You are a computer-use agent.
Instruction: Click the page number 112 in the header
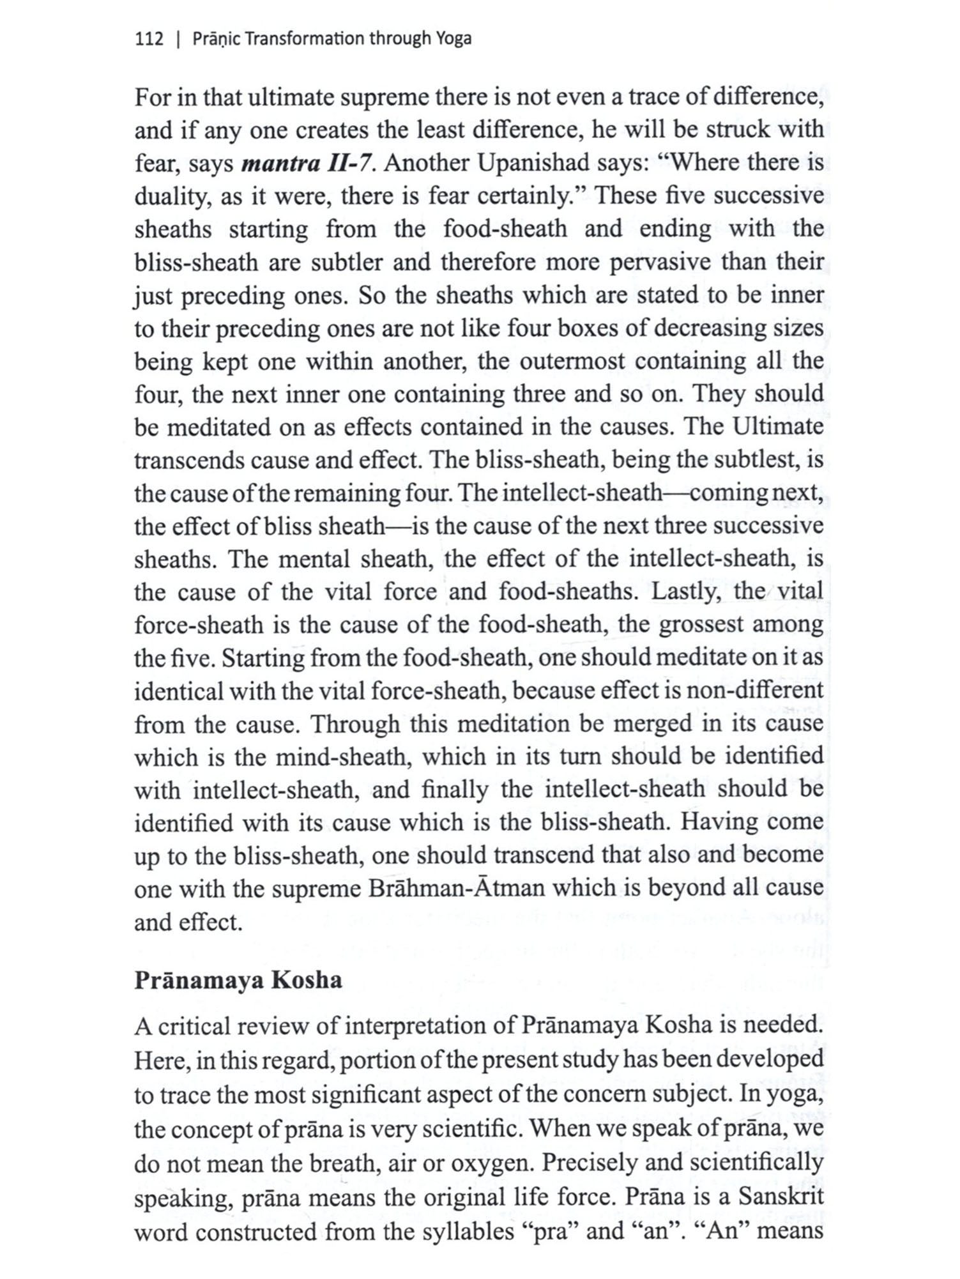149,39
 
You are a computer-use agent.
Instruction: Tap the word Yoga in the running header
454,39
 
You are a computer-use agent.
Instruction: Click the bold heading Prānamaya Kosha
238,980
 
